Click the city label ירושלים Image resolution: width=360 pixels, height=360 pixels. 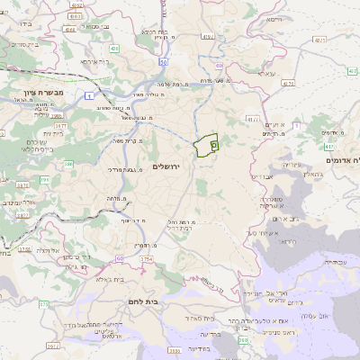pos(167,167)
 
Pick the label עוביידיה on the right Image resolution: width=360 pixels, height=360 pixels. pos(332,262)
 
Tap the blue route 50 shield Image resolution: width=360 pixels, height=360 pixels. pos(163,62)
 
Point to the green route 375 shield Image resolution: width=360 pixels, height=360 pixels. pos(43,304)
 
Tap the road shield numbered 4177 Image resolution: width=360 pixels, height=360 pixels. pos(253,118)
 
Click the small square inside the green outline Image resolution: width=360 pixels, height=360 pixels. pos(213,143)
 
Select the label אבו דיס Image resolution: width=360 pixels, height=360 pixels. pos(261,177)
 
